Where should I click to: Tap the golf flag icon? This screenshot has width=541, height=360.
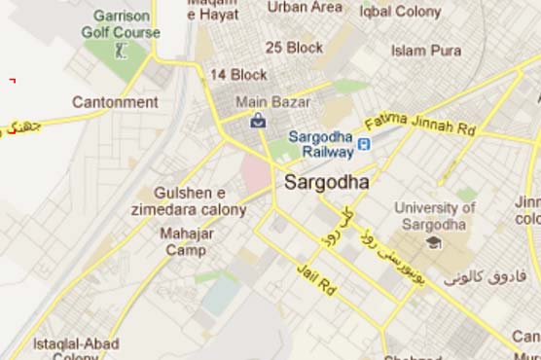120,48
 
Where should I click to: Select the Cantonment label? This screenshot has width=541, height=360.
115,102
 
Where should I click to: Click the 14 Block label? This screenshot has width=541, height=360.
236,75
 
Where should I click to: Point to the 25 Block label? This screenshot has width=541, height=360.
294,47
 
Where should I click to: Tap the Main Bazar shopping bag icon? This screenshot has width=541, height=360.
258,121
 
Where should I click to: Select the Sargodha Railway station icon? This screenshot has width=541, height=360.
363,145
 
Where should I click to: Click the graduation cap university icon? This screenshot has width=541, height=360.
432,241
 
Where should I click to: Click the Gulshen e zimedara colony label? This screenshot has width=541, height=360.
190,201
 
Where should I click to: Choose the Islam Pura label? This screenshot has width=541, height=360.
426,50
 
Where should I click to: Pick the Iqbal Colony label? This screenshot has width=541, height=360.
399,11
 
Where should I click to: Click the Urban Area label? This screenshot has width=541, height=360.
306,7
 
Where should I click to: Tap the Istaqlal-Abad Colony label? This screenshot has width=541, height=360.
76,349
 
